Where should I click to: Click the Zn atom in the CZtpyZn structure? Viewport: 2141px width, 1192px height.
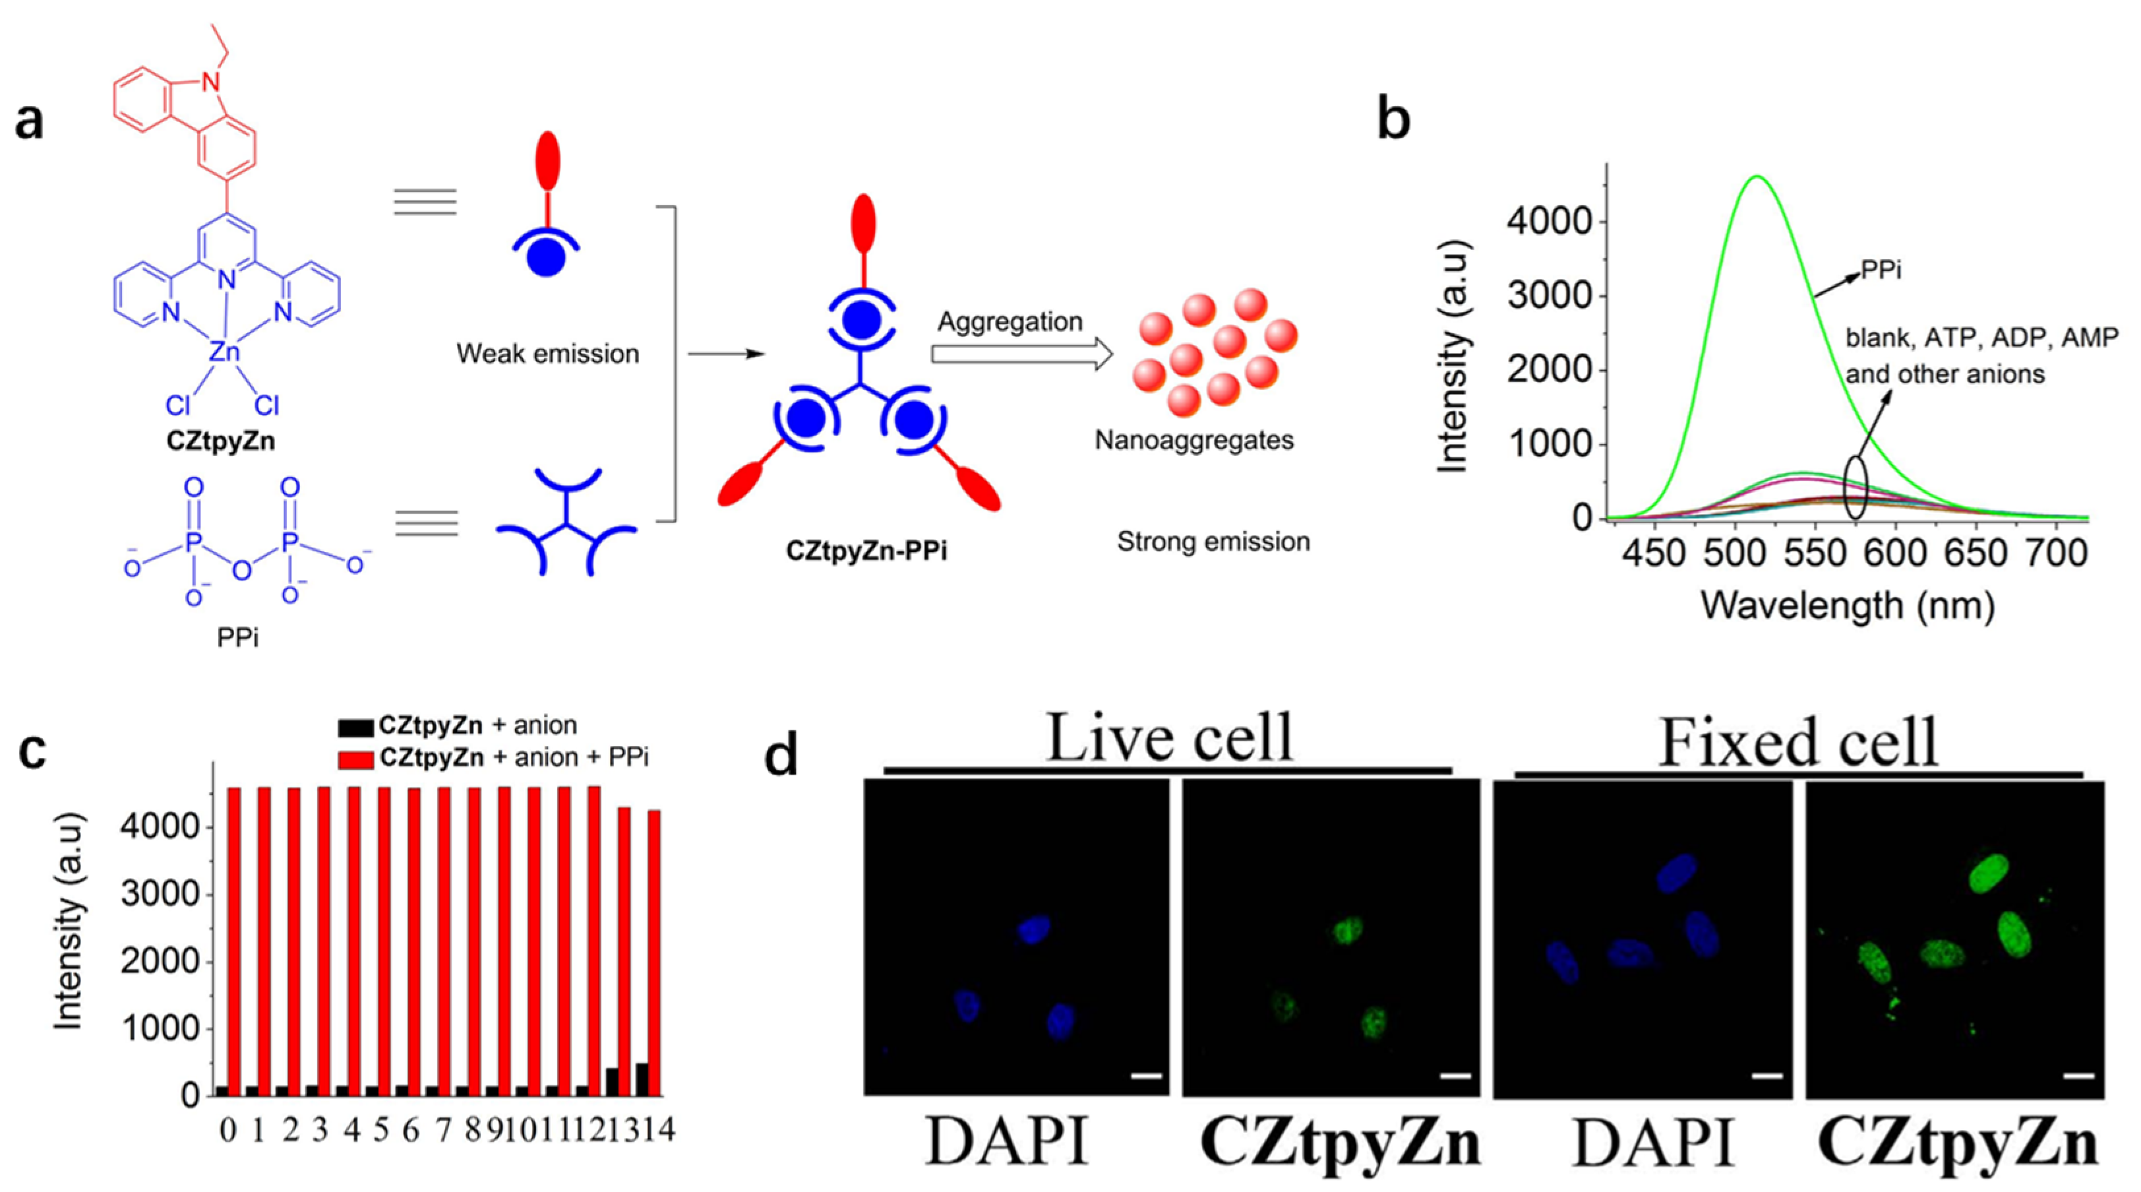tap(224, 352)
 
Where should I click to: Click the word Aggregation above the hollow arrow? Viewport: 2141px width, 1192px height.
tap(1010, 322)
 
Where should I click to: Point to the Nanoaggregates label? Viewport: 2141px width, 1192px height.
tap(1193, 440)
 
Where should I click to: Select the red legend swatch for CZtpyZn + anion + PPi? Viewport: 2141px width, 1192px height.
tap(355, 758)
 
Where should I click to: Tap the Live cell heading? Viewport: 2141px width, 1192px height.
tap(1168, 737)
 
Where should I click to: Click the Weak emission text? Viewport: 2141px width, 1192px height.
tap(547, 354)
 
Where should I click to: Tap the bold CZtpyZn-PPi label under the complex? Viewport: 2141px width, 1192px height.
tap(867, 551)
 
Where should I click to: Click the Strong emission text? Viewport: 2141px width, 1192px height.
tap(1213, 542)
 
